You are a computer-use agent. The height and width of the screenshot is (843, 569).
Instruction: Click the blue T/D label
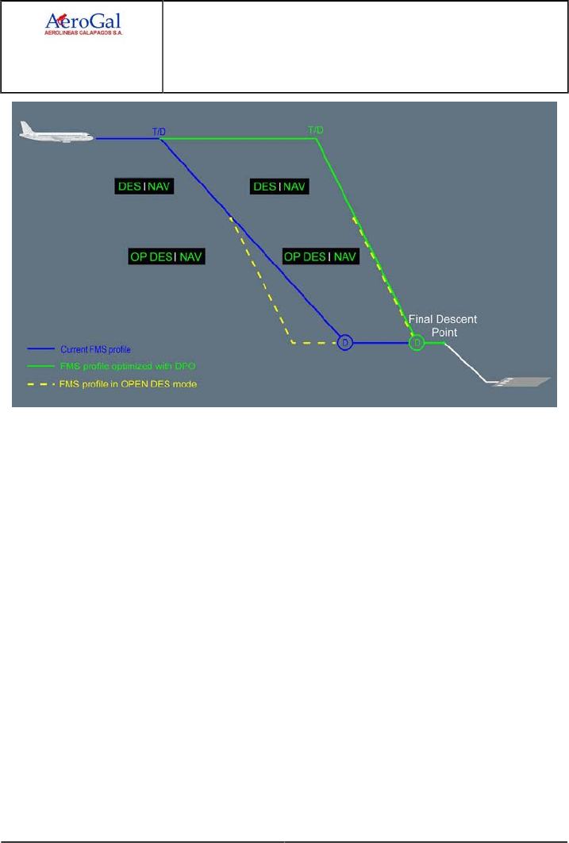pos(159,130)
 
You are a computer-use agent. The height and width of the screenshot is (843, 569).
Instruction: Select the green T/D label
pos(315,130)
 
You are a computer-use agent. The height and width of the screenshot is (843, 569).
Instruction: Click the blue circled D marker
pos(344,342)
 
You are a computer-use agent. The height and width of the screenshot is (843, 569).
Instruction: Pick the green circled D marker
pos(417,342)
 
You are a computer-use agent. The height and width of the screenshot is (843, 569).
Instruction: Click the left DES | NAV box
pos(144,187)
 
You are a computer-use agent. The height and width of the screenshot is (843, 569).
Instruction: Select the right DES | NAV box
pos(279,187)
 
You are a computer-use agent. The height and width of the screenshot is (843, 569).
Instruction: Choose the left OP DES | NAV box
pos(166,256)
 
